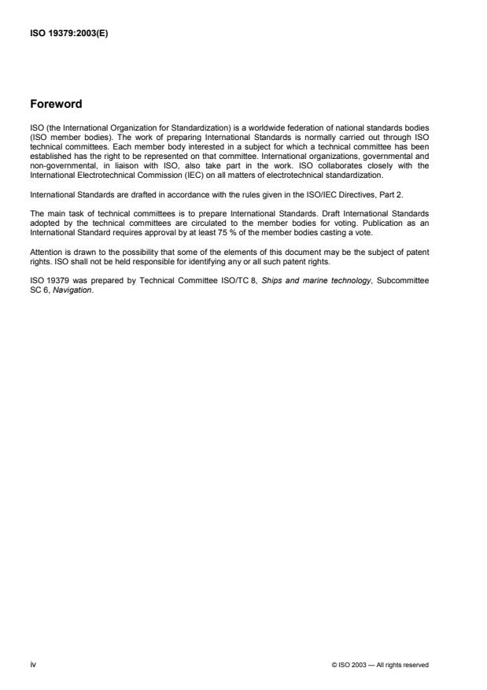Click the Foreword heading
[x=60, y=103]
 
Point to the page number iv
[x=32, y=665]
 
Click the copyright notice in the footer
[x=380, y=666]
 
